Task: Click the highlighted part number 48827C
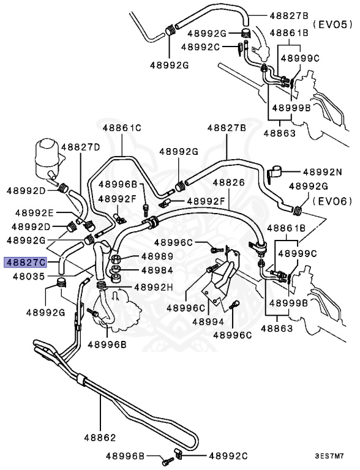pyautogui.click(x=25, y=263)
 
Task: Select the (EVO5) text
pyautogui.click(x=333, y=24)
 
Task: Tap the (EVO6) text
pyautogui.click(x=333, y=201)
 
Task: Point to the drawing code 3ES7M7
pyautogui.click(x=333, y=457)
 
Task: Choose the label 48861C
pyautogui.click(x=122, y=128)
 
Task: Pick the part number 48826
pyautogui.click(x=229, y=182)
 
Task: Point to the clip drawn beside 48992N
pyautogui.click(x=274, y=173)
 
